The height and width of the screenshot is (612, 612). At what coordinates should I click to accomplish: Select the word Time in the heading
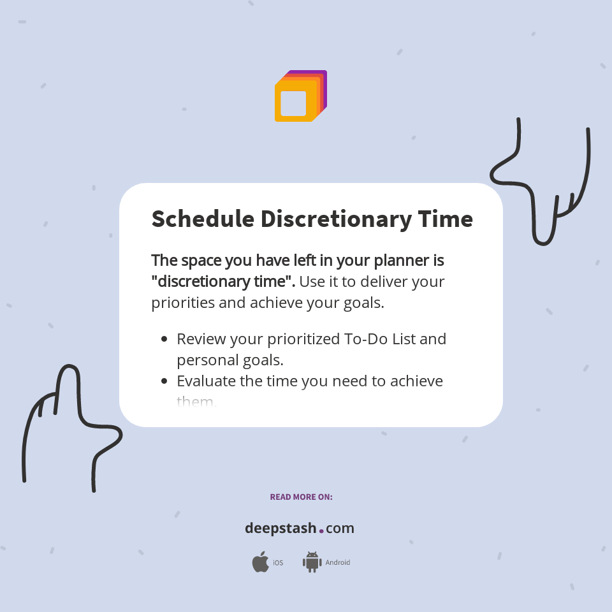[445, 219]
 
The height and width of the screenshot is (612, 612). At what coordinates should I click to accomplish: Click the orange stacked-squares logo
[300, 96]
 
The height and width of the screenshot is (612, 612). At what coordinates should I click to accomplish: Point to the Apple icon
[260, 562]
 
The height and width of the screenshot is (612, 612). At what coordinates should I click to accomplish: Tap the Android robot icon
[312, 562]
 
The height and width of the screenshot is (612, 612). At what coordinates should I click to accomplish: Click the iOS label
[278, 563]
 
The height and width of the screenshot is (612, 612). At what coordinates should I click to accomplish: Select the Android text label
[338, 563]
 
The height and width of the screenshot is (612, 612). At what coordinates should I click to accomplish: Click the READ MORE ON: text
[301, 497]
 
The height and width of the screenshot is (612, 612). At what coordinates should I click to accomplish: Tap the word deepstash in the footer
[280, 528]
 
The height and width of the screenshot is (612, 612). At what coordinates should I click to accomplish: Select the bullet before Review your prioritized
[164, 339]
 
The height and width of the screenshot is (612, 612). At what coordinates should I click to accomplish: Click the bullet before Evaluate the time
[164, 381]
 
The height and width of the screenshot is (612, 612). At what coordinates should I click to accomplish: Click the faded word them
[196, 402]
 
